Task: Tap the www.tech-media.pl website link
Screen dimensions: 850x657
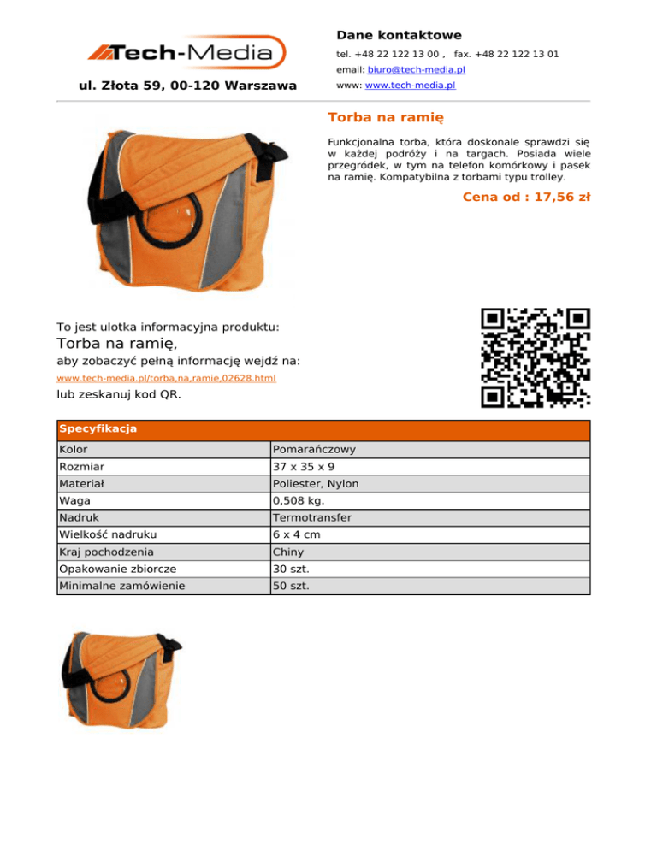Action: tap(409, 86)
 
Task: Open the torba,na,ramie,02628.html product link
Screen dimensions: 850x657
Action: tap(166, 377)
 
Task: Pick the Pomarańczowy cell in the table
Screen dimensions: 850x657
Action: tap(315, 449)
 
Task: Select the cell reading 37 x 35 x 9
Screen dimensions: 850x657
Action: tap(304, 466)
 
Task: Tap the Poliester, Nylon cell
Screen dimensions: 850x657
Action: tap(316, 483)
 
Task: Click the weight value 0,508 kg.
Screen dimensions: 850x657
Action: tap(299, 500)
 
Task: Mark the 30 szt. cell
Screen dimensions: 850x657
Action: tap(292, 569)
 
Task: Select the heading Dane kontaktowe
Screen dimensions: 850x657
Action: tap(399, 35)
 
